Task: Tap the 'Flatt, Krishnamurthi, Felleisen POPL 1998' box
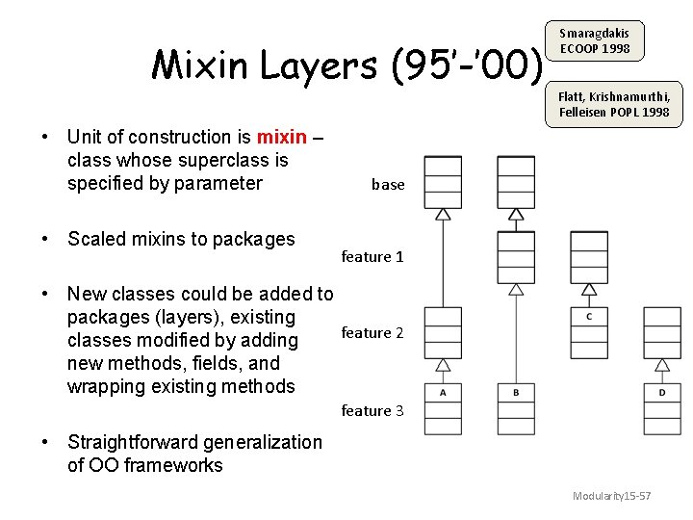(x=614, y=104)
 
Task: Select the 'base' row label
(x=388, y=185)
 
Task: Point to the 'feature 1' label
(x=372, y=257)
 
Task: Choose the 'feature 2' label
(x=372, y=333)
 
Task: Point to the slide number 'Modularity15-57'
(x=612, y=496)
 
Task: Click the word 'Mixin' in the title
(x=198, y=65)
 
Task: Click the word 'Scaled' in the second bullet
(x=97, y=239)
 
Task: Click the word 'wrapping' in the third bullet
(x=106, y=386)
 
